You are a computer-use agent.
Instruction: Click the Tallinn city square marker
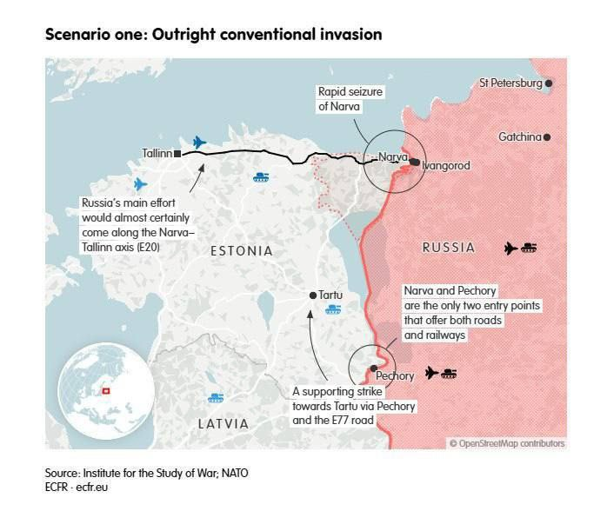pyautogui.click(x=177, y=154)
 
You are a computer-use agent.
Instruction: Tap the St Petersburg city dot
pyautogui.click(x=549, y=83)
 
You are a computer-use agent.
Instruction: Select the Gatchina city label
pyautogui.click(x=519, y=137)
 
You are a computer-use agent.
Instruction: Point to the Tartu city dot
pyautogui.click(x=313, y=295)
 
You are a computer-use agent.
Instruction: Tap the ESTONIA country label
pyautogui.click(x=241, y=251)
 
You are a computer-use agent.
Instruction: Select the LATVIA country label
pyautogui.click(x=223, y=424)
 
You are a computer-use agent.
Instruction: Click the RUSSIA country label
pyautogui.click(x=449, y=248)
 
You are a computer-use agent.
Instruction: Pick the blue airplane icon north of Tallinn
pyautogui.click(x=199, y=142)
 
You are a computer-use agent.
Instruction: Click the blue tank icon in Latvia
pyautogui.click(x=216, y=398)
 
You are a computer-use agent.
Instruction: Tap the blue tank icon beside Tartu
pyautogui.click(x=332, y=309)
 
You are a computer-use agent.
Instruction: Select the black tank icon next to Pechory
pyautogui.click(x=449, y=374)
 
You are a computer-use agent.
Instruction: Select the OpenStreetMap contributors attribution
pyautogui.click(x=506, y=443)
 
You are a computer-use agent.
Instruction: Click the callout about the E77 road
pyautogui.click(x=353, y=406)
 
